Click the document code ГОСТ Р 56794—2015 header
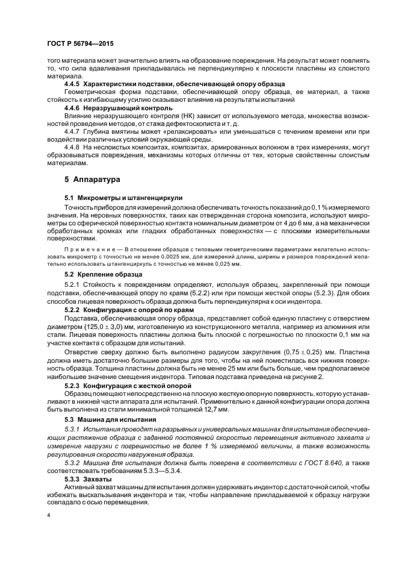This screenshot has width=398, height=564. click(80, 44)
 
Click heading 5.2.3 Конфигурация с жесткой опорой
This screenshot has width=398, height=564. click(128, 384)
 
